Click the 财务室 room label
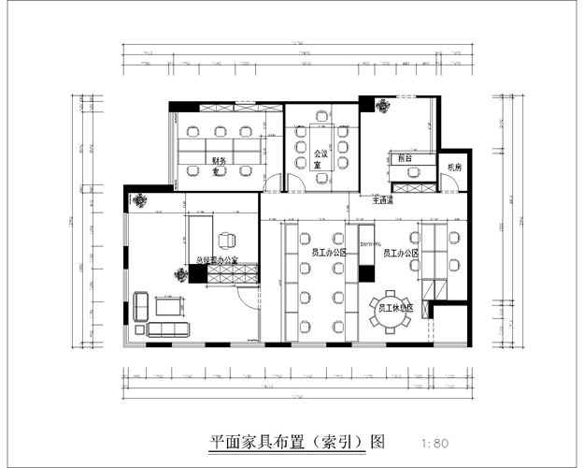pos(218,166)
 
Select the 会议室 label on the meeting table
pos(320,158)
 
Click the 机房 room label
pos(454,167)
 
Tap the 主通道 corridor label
pos(384,200)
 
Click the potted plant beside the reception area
pos(382,106)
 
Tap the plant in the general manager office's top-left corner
pos(139,198)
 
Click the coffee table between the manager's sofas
pos(169,306)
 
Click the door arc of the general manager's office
pos(247,298)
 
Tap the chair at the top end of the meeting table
pos(322,116)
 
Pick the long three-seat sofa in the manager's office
pos(169,329)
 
